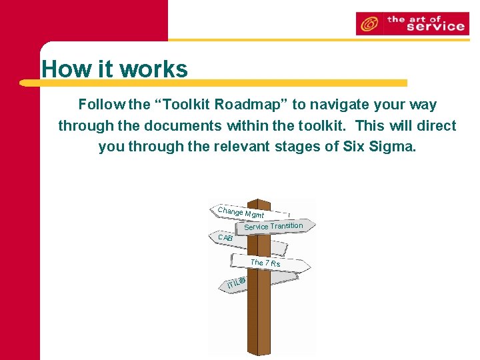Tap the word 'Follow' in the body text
(x=101, y=105)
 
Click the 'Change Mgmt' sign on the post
(x=240, y=212)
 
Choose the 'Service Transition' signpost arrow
(x=273, y=226)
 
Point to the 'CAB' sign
(x=225, y=237)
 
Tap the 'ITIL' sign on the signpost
(x=235, y=283)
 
